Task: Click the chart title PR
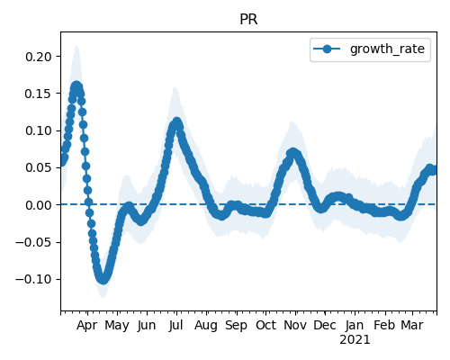coord(248,20)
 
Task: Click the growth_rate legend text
coord(387,49)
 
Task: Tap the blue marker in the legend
coord(327,49)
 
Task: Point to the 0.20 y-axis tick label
coord(38,57)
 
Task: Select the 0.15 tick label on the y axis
coord(38,94)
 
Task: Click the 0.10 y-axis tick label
coord(38,130)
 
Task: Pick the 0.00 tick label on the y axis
coord(38,205)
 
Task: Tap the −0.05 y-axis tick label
coord(33,242)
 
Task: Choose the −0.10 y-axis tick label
coord(33,280)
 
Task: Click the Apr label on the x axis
coord(87,325)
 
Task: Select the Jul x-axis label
coord(175,325)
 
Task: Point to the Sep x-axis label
coord(236,325)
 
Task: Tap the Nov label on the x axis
coord(295,325)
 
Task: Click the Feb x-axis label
coord(384,325)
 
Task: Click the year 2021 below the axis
coord(355,340)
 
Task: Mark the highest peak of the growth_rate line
coord(76,86)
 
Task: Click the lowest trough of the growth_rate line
coord(103,279)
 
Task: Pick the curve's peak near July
coord(177,122)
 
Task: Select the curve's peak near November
coord(292,153)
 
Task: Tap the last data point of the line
coord(434,170)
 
